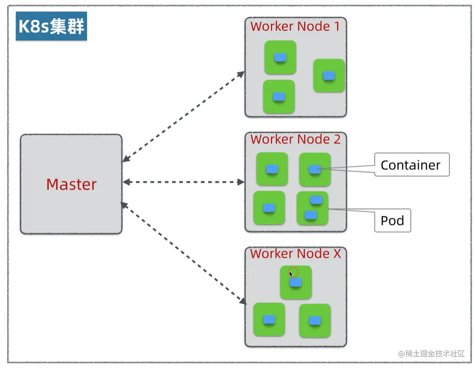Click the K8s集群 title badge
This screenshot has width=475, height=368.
click(x=52, y=26)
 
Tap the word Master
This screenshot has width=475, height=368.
click(x=71, y=184)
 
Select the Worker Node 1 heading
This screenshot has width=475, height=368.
click(x=295, y=26)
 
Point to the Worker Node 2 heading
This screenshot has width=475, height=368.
click(x=295, y=139)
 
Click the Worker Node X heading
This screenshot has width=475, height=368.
click(x=295, y=254)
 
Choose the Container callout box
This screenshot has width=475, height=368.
click(x=412, y=165)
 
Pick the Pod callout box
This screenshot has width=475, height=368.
click(x=393, y=220)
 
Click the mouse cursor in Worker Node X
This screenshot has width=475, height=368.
click(x=291, y=274)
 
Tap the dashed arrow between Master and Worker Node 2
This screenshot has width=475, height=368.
click(x=184, y=182)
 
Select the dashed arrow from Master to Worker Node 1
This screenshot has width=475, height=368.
click(x=184, y=117)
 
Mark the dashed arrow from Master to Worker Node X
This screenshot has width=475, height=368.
click(x=184, y=253)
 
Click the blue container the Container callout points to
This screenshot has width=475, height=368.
click(x=315, y=169)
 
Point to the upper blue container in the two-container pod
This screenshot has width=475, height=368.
click(x=316, y=200)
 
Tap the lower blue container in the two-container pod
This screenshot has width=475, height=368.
click(x=311, y=215)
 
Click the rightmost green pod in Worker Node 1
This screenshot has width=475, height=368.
click(x=329, y=76)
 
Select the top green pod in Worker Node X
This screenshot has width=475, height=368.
click(x=296, y=282)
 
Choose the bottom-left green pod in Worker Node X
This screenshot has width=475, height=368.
click(x=269, y=319)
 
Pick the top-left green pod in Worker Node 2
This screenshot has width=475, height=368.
click(x=272, y=169)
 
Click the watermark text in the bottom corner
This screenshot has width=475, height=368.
click(x=431, y=353)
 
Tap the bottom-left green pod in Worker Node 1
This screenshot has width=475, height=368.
click(x=279, y=97)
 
